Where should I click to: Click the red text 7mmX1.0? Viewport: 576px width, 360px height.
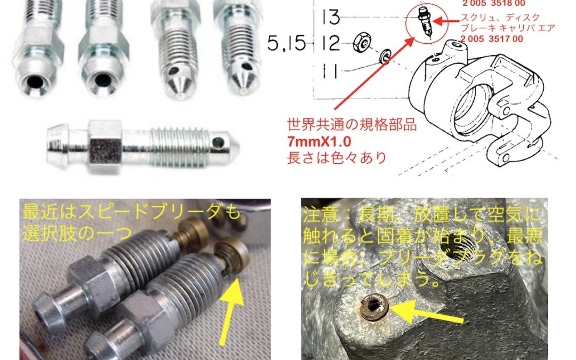(319, 142)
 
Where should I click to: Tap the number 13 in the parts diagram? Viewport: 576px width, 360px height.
(331, 17)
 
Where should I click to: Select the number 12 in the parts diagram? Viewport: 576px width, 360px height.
(331, 43)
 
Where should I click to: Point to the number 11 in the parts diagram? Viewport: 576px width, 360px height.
(330, 70)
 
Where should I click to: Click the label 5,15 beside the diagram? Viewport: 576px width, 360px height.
(286, 43)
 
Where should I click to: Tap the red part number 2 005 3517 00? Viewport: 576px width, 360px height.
(492, 39)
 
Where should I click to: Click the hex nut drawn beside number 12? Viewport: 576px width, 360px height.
(361, 43)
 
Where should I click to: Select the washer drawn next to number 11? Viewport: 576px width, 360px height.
(385, 56)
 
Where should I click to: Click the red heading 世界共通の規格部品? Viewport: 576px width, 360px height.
(352, 125)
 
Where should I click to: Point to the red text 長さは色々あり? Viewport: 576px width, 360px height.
(337, 158)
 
